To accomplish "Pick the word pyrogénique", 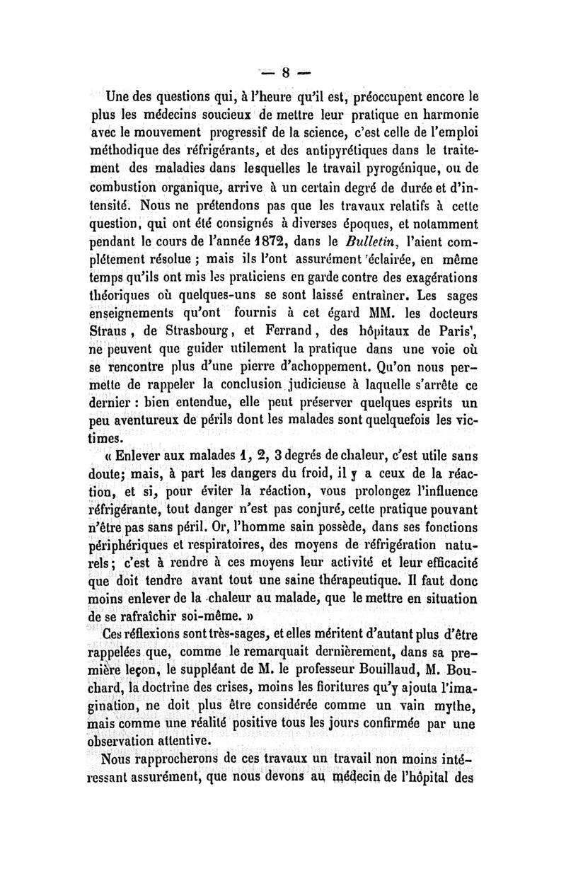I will coord(395,169).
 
